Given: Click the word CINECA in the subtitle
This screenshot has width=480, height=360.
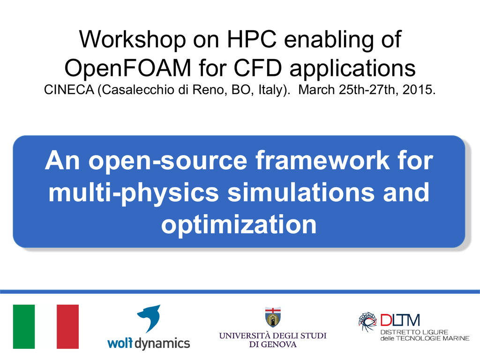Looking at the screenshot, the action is coord(69,90).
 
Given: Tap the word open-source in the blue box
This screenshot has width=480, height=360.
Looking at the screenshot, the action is coord(168,160).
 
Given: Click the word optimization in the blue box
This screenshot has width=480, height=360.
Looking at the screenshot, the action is coord(239,225).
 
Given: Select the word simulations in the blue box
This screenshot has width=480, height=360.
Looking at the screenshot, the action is coord(301,192).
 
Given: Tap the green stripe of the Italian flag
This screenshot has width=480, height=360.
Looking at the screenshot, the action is coord(24,327).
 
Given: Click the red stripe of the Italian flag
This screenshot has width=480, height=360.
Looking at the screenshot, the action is coord(67,327).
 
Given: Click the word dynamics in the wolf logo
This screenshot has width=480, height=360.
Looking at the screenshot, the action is coord(162,344).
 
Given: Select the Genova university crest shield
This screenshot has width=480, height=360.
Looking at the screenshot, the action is coord(273,317).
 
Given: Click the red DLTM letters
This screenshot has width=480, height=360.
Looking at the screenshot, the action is coord(400,320).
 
